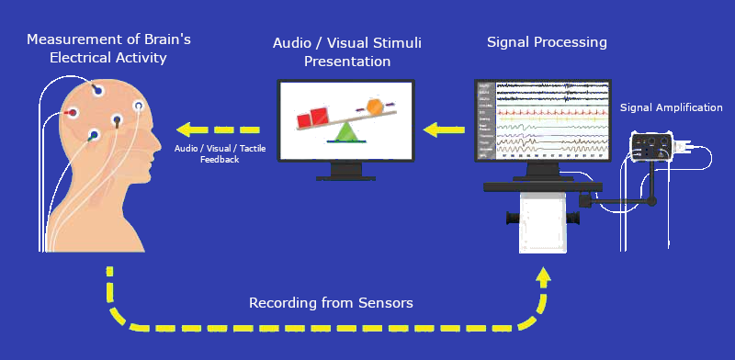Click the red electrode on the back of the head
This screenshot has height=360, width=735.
click(73, 113)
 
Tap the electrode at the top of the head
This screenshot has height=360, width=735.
click(98, 90)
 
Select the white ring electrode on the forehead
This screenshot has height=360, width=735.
click(139, 107)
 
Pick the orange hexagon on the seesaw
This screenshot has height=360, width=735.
click(375, 106)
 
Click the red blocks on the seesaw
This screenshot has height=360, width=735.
click(312, 118)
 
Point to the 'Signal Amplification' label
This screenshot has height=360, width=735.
click(671, 108)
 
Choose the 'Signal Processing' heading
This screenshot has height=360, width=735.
click(547, 42)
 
